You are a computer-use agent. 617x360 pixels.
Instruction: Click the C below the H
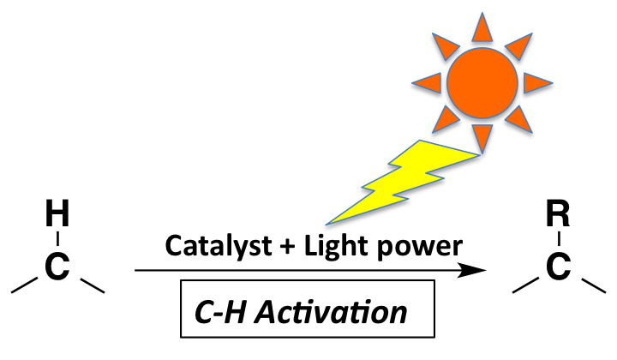57,267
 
